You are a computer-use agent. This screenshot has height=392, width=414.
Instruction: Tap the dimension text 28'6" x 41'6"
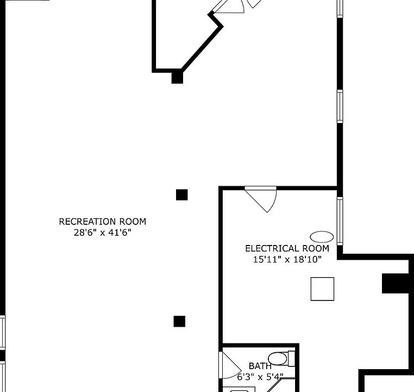click(103, 233)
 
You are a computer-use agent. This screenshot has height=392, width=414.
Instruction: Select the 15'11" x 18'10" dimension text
click(287, 260)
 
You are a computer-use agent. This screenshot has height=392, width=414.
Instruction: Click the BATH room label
click(260, 366)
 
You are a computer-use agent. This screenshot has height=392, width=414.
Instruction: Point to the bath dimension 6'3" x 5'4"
click(260, 377)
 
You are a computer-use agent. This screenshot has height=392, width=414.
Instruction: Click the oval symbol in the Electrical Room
click(322, 236)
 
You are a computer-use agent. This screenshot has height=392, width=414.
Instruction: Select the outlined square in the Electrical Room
click(322, 289)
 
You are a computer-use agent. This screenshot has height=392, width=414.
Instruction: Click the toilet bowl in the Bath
click(278, 359)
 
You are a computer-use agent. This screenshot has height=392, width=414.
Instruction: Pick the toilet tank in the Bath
click(291, 359)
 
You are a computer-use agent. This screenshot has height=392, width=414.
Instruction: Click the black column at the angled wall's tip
click(177, 77)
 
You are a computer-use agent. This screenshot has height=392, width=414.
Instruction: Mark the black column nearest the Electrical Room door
click(181, 194)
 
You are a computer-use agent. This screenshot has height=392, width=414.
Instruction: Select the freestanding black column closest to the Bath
click(179, 321)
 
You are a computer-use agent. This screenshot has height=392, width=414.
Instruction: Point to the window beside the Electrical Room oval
click(340, 221)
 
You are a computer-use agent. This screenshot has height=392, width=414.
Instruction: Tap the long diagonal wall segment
click(201, 47)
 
